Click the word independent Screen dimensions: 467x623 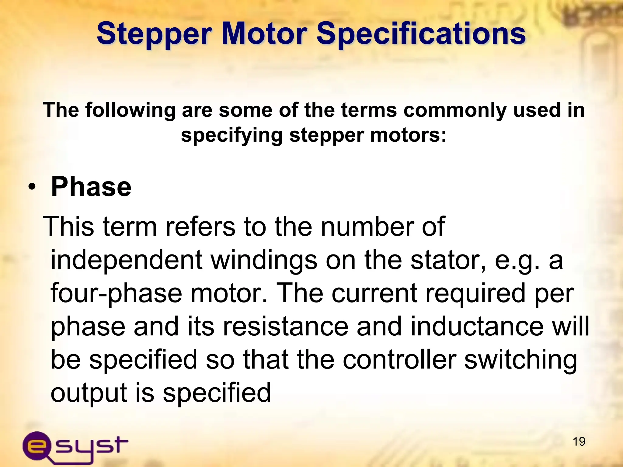[126, 260]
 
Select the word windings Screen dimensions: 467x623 [264, 260]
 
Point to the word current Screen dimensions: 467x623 [374, 293]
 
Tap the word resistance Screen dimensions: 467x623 [285, 327]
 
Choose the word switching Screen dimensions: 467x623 [520, 360]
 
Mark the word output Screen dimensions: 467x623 [89, 393]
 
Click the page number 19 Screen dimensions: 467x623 [579, 441]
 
